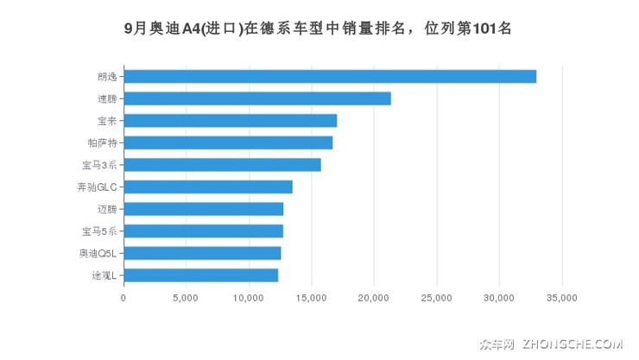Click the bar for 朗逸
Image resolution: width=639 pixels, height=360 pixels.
[330, 76]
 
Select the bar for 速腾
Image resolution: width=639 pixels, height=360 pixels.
[257, 98]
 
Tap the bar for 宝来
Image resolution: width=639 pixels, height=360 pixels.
[231, 120]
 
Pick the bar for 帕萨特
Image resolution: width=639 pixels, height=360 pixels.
[228, 142]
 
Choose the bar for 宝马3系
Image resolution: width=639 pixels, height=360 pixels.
[222, 165]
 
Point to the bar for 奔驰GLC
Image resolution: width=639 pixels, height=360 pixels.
[208, 186]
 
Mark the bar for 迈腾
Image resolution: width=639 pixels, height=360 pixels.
[204, 209]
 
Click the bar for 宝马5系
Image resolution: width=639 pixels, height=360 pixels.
[204, 231]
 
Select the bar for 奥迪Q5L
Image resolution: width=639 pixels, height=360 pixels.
[202, 253]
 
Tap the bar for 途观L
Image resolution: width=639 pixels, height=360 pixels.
[201, 275]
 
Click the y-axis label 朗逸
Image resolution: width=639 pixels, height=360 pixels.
[107, 77]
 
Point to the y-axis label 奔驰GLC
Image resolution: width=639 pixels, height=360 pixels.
[97, 186]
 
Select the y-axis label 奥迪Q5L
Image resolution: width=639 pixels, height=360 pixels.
[97, 253]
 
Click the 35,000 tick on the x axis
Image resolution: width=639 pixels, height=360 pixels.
[561, 298]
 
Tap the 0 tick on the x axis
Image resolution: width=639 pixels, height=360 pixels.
[123, 298]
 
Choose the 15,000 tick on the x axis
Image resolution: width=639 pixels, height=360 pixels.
[311, 298]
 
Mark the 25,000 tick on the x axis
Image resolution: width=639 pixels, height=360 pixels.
[436, 298]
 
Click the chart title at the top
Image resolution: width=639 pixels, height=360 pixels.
[319, 28]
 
